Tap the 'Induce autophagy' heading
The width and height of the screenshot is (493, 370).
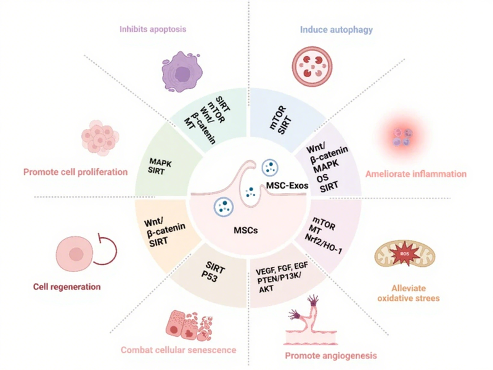pyautogui.click(x=336, y=29)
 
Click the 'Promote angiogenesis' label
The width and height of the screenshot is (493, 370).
pyautogui.click(x=330, y=356)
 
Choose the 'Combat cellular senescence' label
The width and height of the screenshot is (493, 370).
pyautogui.click(x=178, y=350)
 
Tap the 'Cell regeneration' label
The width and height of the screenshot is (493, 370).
pyautogui.click(x=68, y=287)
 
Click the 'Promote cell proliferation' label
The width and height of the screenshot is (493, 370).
pyautogui.click(x=75, y=171)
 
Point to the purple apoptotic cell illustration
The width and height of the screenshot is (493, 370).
pyautogui.click(x=184, y=73)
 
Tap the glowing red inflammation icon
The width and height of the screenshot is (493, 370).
pyautogui.click(x=400, y=136)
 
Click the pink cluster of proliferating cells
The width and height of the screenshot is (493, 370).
pyautogui.click(x=99, y=138)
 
